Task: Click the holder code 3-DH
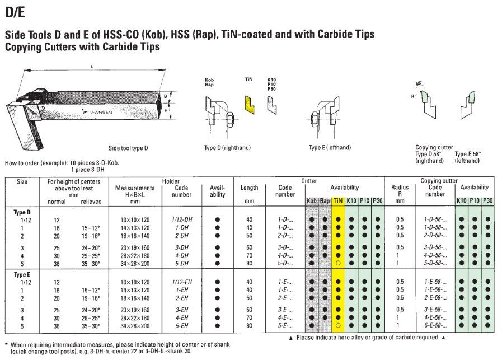[x=181, y=247]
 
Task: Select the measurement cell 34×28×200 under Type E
[x=135, y=326]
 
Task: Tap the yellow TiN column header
[x=338, y=201]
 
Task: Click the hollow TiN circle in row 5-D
[x=338, y=263]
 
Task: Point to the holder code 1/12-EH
[x=182, y=282]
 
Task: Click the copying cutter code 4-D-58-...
[x=435, y=256]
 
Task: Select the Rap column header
[x=325, y=201]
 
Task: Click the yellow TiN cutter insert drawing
[x=250, y=105]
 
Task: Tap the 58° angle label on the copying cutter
[x=419, y=83]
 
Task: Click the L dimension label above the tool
[x=92, y=67]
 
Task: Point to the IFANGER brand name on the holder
[x=101, y=112]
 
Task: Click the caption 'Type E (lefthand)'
[x=330, y=148]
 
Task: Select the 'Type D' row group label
[x=22, y=212]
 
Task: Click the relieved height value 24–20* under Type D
[x=91, y=248]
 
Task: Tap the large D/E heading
[x=15, y=12]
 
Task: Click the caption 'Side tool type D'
[x=128, y=148]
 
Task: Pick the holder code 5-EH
[x=181, y=326]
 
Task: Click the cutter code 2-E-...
[x=285, y=298]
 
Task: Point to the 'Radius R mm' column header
[x=400, y=194]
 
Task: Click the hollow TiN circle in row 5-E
[x=338, y=325]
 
